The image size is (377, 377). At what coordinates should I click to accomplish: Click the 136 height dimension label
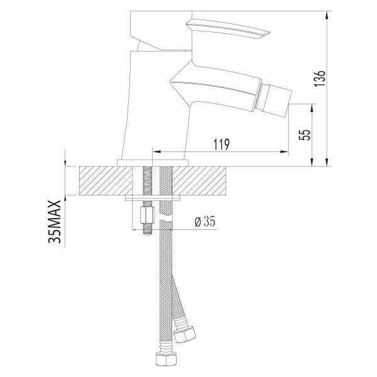tap(320, 79)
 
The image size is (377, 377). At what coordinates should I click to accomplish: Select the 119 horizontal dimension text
tap(222, 145)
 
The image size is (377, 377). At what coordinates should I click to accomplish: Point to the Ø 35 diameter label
tap(205, 221)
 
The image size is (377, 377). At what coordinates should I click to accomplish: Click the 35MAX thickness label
tap(55, 221)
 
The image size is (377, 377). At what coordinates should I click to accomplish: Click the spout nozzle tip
tap(278, 100)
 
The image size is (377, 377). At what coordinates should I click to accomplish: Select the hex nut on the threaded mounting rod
tap(146, 216)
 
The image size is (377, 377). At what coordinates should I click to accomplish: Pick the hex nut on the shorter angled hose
tap(185, 335)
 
